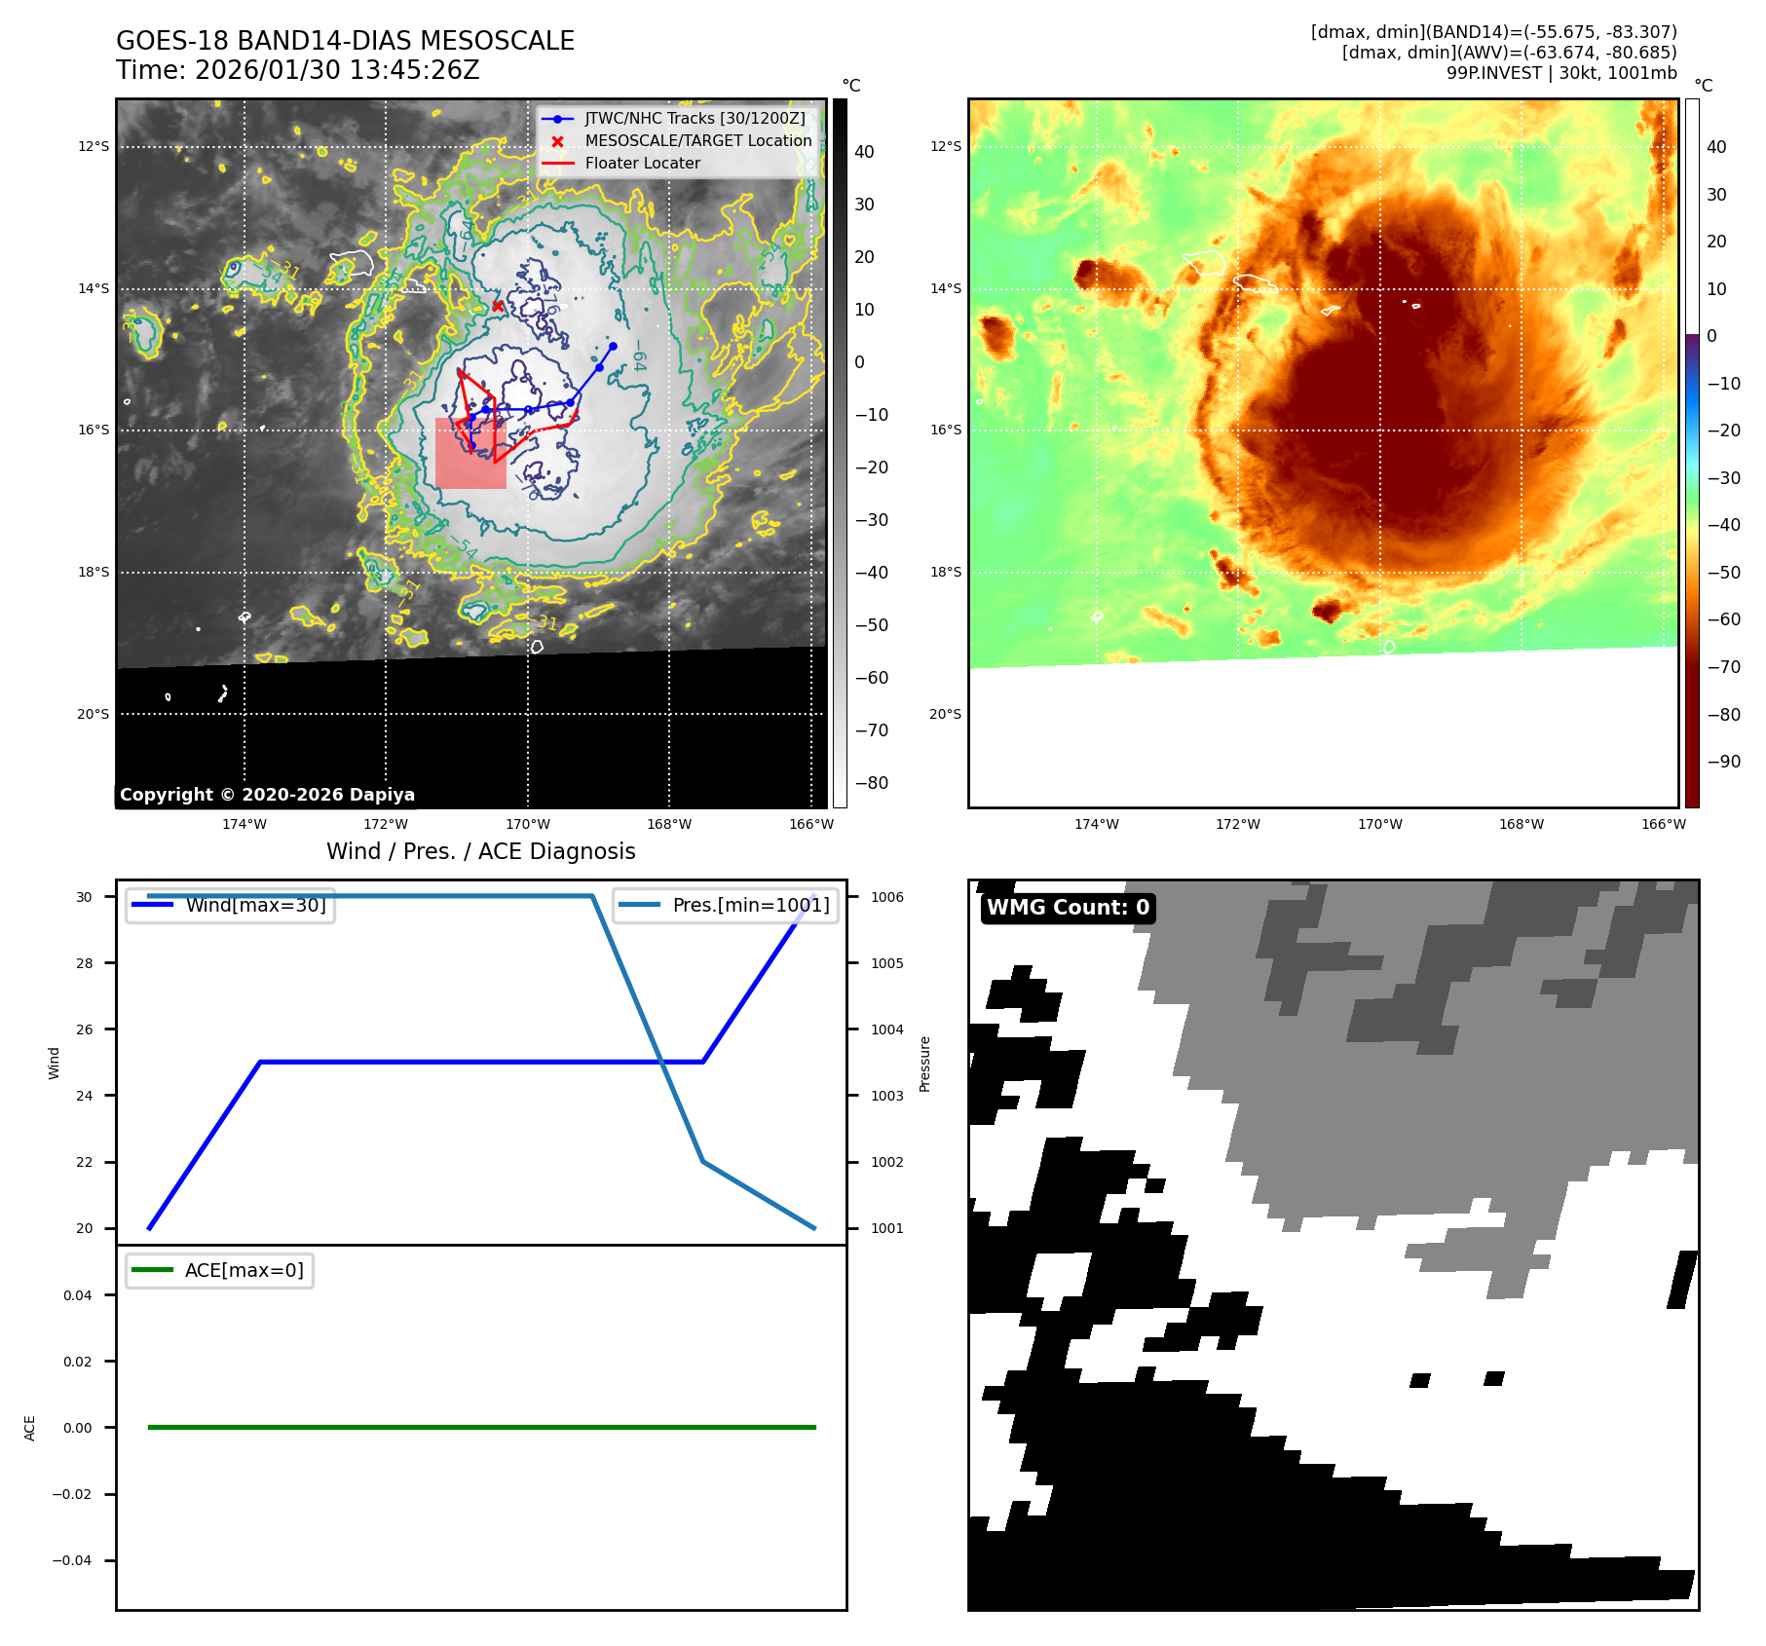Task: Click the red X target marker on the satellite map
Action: pos(498,306)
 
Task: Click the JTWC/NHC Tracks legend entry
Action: pos(695,119)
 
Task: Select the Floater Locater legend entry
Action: pos(642,164)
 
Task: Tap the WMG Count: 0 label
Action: pos(1068,908)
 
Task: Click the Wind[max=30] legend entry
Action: pos(255,905)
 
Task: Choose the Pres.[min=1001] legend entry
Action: pos(750,905)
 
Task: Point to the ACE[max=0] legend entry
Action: pos(244,1270)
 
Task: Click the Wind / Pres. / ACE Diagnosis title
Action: pos(480,851)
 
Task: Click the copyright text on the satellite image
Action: pos(267,795)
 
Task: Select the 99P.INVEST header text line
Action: pos(1560,73)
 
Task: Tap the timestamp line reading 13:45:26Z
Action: pos(297,70)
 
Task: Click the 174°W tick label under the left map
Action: pos(244,824)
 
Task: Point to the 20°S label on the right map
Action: pos(945,714)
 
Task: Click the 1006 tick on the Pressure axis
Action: pos(886,897)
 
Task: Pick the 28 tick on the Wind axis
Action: pos(85,963)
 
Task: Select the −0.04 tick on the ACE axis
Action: pos(72,1560)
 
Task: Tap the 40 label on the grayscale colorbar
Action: pos(864,152)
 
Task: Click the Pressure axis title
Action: pos(924,1064)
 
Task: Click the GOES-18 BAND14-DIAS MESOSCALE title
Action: pos(345,41)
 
